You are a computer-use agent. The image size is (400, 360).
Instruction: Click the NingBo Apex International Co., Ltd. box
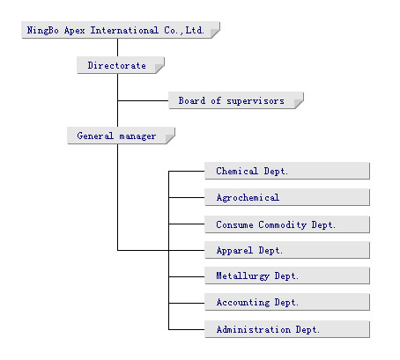tap(121, 30)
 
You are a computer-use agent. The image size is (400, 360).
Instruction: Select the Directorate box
tap(121, 65)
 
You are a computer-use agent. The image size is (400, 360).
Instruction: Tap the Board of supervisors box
tap(236, 100)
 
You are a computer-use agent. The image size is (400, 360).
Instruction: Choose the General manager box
tap(121, 136)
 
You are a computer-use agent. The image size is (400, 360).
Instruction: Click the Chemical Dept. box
tap(287, 171)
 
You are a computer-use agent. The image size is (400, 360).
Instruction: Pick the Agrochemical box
tap(287, 197)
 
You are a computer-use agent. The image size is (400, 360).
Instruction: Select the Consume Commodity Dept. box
tap(287, 224)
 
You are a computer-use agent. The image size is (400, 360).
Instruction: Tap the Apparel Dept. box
tap(287, 250)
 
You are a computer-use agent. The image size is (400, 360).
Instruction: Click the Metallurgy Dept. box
tap(287, 276)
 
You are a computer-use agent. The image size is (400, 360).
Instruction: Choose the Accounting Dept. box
tap(287, 302)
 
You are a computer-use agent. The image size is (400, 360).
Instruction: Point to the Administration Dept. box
tap(287, 329)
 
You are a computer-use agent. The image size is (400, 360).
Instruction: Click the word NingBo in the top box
tap(42, 30)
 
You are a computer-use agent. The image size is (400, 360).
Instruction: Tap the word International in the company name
tap(124, 30)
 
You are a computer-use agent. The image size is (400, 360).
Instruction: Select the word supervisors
tap(256, 101)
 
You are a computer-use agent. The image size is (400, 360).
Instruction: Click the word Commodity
tap(283, 225)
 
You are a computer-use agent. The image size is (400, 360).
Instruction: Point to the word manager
tap(137, 136)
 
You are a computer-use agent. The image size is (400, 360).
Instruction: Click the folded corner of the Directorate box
tap(159, 69)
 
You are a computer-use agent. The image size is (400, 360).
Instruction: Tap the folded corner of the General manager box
tap(170, 139)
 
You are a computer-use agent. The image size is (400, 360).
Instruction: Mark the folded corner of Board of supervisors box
tap(299, 104)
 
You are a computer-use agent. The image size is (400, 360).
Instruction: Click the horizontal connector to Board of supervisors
tap(143, 100)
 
